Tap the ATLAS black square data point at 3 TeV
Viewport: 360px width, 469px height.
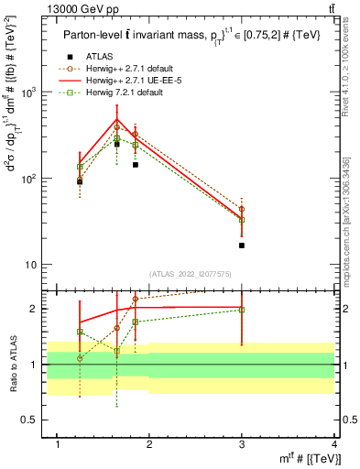pyautogui.click(x=242, y=245)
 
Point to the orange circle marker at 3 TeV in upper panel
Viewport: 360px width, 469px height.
pyautogui.click(x=242, y=209)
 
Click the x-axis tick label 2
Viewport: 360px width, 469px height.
pyautogui.click(x=150, y=444)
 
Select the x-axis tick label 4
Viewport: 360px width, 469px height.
pyautogui.click(x=334, y=444)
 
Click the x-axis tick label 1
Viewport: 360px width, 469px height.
pyautogui.click(x=58, y=444)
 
